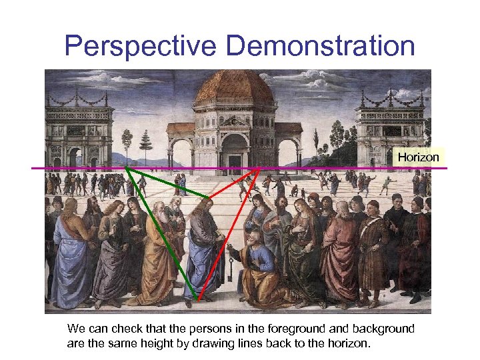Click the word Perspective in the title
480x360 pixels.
click(x=141, y=47)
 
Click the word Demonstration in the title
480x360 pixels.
click(x=320, y=47)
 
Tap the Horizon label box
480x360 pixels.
click(x=419, y=157)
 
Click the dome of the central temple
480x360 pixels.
click(x=234, y=89)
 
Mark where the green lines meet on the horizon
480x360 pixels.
click(x=127, y=168)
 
